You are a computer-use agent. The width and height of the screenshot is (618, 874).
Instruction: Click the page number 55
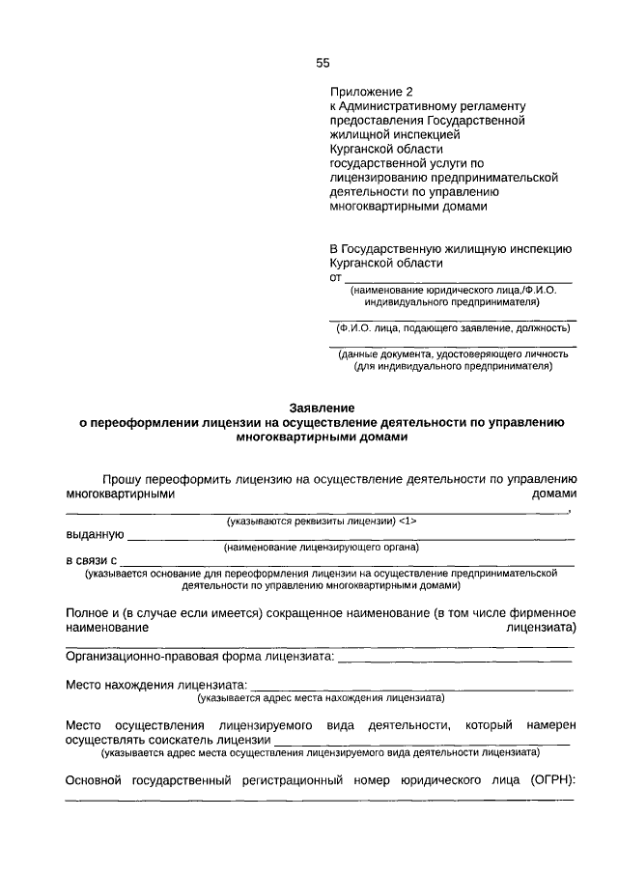[323, 64]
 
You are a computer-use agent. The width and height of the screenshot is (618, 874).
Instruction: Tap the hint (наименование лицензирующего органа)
[320, 548]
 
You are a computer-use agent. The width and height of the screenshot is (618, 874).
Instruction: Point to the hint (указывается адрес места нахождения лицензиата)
[320, 697]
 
